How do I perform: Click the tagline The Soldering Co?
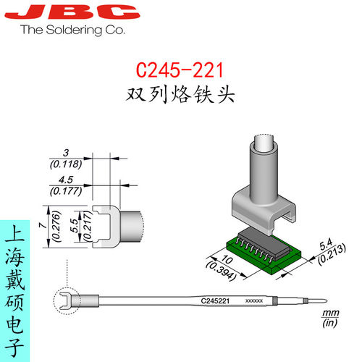coord(73,30)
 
